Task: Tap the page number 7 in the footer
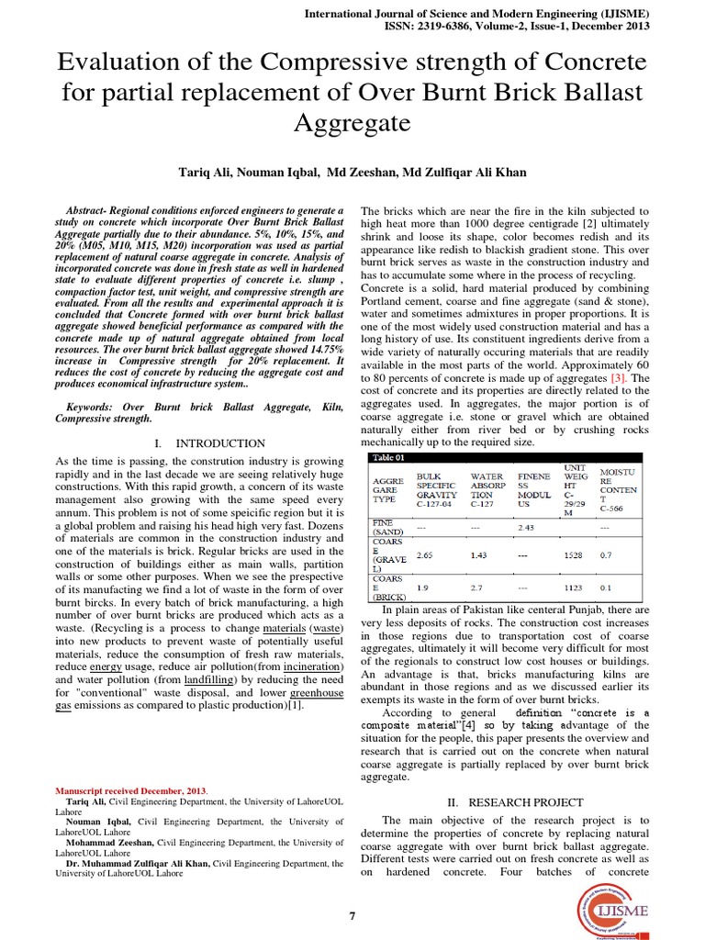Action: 352,915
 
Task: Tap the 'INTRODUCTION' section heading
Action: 220,443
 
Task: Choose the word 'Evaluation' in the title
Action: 121,63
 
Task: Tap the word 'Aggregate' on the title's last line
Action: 352,122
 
